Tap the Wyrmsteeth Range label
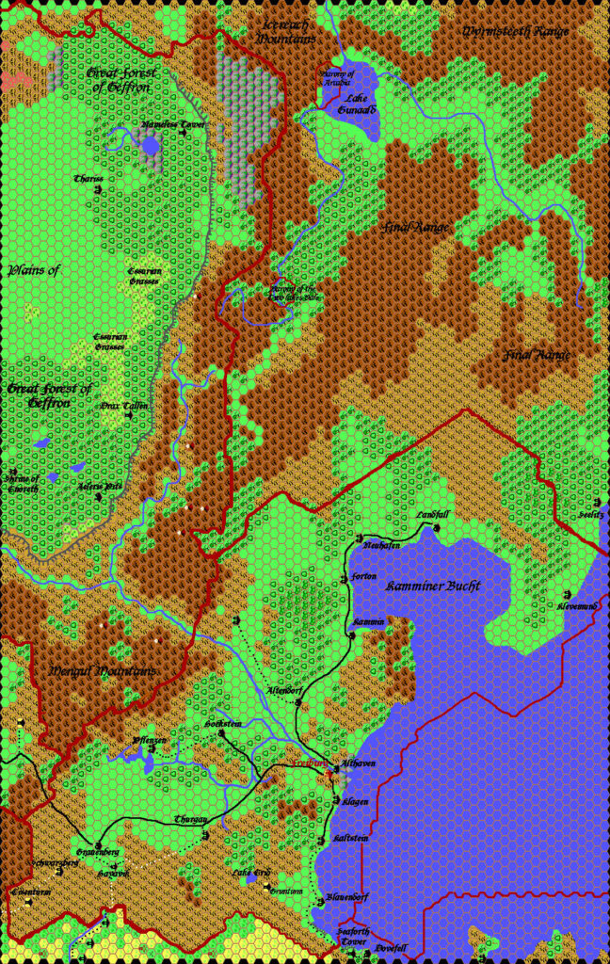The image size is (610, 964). [515, 31]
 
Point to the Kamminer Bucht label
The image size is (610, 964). [433, 586]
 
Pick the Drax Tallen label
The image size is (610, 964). [123, 405]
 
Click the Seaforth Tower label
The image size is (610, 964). [353, 936]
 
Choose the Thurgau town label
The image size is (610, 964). [190, 819]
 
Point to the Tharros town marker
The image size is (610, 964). [99, 189]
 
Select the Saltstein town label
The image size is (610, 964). [350, 837]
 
